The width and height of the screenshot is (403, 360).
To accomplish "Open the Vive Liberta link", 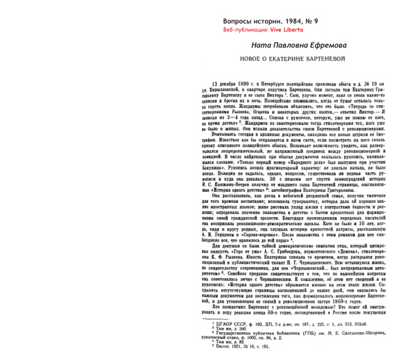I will tap(282, 30).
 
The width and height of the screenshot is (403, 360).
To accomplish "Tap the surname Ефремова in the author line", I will tap(328, 46).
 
